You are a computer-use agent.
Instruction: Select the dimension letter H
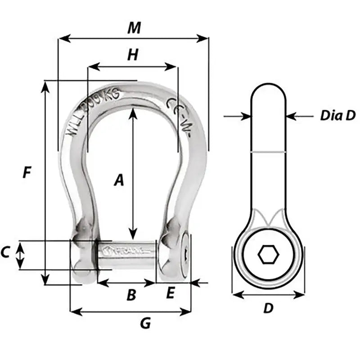point(132,55)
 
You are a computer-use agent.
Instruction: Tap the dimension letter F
point(27,172)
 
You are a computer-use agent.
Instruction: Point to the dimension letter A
point(118,180)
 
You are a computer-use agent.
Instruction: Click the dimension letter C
point(5,253)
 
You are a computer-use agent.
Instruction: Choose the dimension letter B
point(130,295)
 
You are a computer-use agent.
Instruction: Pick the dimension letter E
point(170,293)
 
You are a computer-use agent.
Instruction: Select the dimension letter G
point(145,323)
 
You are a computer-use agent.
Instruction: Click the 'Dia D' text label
point(337,116)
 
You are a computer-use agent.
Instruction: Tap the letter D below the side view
point(268,308)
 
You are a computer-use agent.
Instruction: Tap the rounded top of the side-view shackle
point(268,92)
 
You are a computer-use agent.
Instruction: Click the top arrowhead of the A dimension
point(132,112)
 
